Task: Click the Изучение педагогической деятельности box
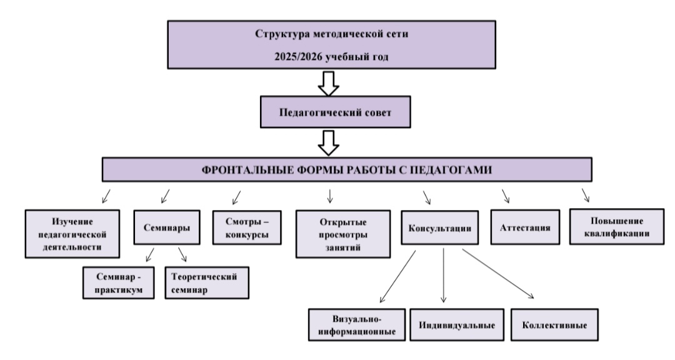(72, 234)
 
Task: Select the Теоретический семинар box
(207, 282)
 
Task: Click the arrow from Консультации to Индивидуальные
(444, 275)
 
